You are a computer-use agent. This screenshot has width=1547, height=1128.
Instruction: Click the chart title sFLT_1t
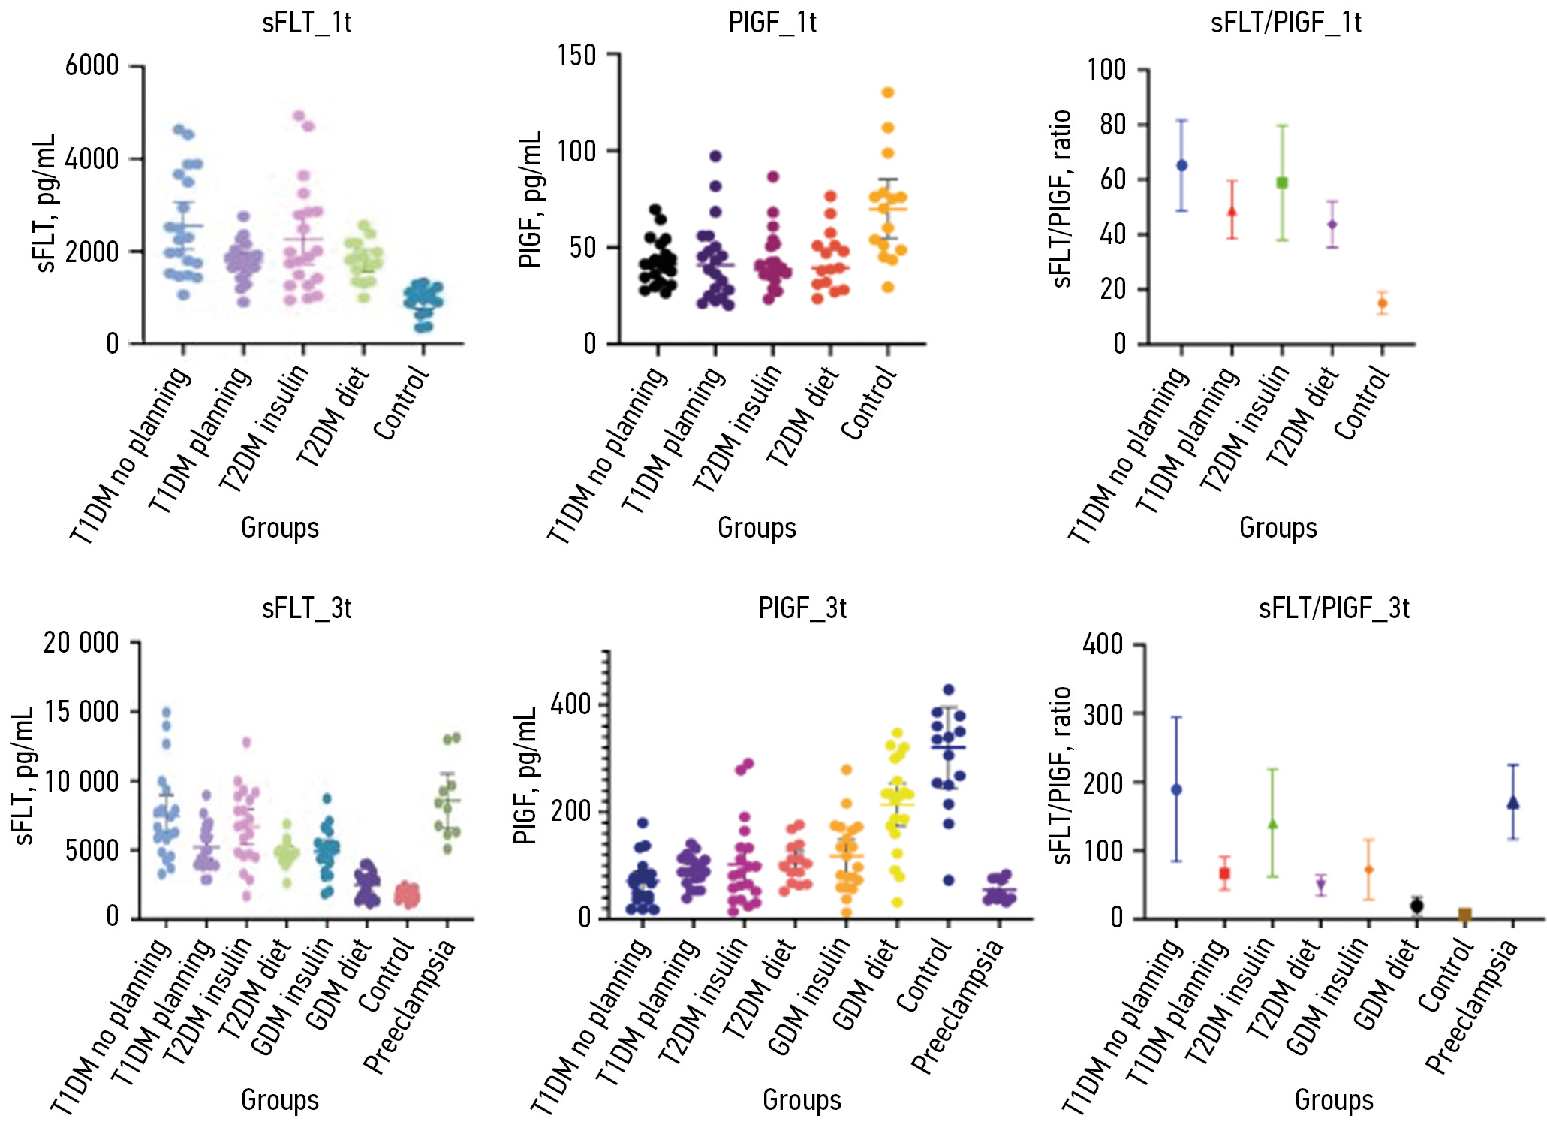[x=306, y=23]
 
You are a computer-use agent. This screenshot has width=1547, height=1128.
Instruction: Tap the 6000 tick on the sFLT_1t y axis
[x=92, y=66]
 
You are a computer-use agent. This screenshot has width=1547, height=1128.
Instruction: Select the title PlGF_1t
[x=772, y=23]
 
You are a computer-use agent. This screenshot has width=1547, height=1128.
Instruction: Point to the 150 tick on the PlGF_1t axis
[x=576, y=55]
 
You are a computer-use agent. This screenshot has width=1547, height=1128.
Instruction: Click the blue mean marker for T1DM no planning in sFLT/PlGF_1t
[x=1181, y=165]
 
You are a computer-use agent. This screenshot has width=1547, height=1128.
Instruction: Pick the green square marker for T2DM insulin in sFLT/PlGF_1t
[x=1282, y=182]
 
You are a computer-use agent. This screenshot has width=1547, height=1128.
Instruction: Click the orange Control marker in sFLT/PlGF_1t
[x=1382, y=303]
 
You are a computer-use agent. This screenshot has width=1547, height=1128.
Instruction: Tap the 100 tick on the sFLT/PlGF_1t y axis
[x=1106, y=70]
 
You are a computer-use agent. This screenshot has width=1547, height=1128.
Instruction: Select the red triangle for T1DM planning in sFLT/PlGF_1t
[x=1232, y=211]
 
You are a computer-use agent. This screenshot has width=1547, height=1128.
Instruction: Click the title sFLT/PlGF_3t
[x=1334, y=608]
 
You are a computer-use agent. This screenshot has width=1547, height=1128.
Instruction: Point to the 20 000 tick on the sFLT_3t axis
[x=81, y=643]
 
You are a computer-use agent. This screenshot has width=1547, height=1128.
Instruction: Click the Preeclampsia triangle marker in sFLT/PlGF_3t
[x=1513, y=803]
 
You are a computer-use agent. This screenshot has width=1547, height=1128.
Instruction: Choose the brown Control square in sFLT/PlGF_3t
[x=1464, y=915]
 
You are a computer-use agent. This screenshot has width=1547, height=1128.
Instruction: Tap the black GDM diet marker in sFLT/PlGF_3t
[x=1416, y=906]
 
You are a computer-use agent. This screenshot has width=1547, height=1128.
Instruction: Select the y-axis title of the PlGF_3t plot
[x=525, y=775]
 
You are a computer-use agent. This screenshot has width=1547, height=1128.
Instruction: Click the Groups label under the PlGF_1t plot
[x=757, y=528]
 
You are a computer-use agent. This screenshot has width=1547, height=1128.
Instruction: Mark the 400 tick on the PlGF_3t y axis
[x=570, y=704]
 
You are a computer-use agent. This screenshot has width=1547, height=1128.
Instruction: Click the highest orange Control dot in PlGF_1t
[x=888, y=92]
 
